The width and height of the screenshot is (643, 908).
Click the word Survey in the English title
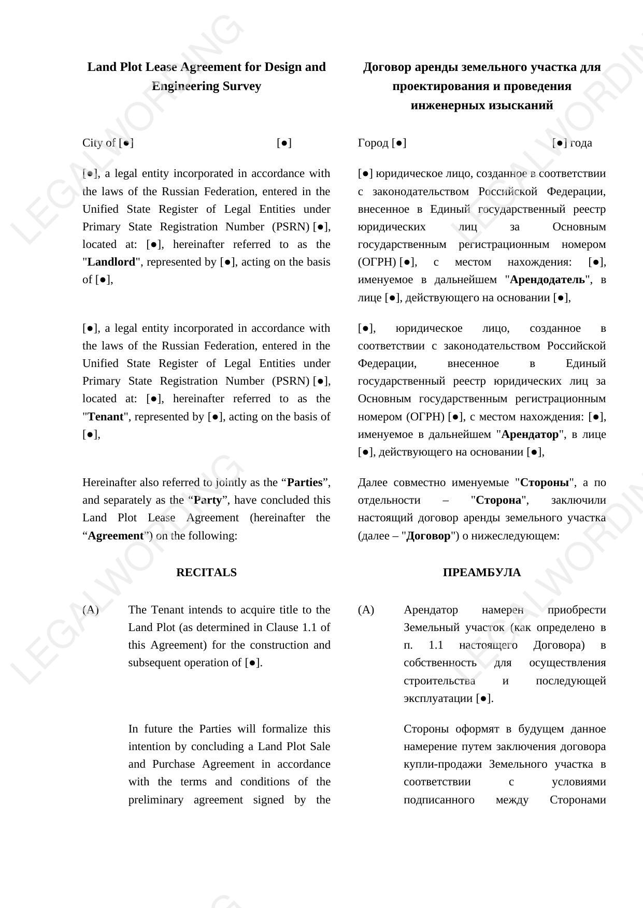point(241,86)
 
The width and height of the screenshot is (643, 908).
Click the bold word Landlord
point(111,262)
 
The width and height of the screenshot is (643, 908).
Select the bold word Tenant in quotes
point(106,417)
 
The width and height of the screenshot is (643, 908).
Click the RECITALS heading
point(206,573)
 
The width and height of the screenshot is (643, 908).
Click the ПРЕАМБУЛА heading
point(481,573)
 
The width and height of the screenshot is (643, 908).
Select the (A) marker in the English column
point(91,610)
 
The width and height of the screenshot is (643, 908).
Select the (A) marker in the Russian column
point(366,610)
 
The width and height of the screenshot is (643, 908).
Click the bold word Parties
point(305,482)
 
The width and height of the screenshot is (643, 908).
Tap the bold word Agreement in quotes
point(115,536)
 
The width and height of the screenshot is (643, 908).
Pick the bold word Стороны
point(544,482)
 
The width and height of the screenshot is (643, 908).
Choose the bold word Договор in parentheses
point(428,536)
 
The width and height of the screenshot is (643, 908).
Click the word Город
point(373,143)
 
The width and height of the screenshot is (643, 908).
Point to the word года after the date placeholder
point(581,143)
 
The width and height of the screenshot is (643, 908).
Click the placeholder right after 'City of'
point(126,143)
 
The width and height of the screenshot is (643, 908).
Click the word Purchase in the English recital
point(174,764)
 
